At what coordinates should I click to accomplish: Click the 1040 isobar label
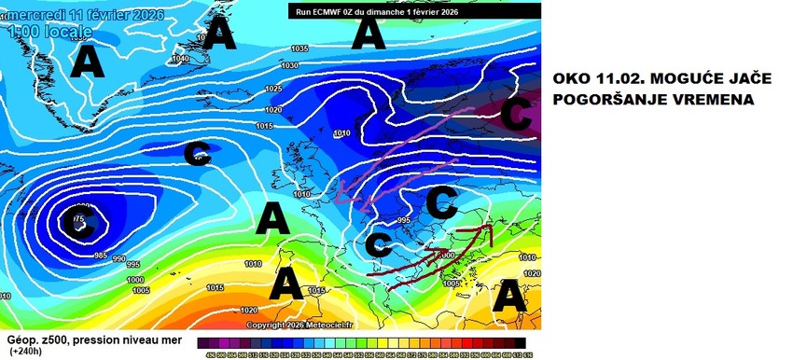coord(181,59)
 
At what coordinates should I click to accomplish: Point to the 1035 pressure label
coord(299,48)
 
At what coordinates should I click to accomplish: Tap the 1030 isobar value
coord(290,65)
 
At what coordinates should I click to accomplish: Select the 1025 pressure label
coord(273,89)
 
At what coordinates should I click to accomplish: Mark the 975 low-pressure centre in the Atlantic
coord(77,220)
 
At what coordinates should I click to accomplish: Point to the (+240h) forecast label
coord(28,352)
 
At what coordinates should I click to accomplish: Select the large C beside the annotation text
coord(516,116)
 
